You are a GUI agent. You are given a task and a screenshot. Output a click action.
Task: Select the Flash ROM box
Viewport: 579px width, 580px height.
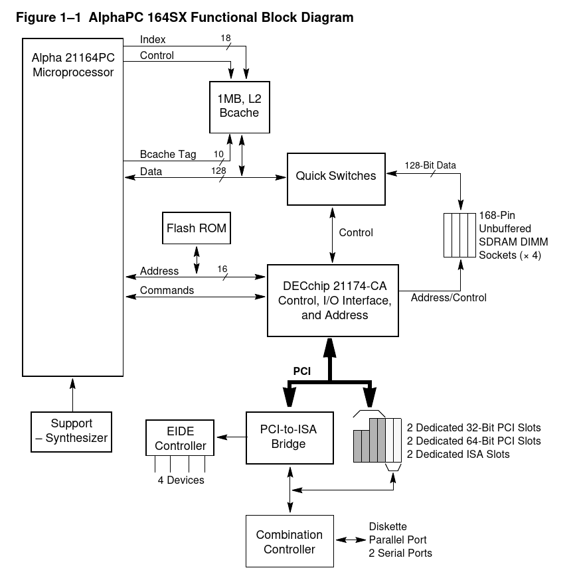tap(197, 229)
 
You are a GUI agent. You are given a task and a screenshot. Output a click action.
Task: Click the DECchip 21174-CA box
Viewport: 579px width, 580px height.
tap(335, 301)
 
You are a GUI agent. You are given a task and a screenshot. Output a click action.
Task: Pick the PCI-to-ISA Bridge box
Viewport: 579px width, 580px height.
tap(289, 437)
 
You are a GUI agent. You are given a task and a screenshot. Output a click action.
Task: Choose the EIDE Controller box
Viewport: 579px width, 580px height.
tap(181, 437)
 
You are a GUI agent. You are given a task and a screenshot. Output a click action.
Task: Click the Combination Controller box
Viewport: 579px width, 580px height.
tap(289, 542)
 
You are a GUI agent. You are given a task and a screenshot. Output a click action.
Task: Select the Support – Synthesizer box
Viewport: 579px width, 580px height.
tap(72, 431)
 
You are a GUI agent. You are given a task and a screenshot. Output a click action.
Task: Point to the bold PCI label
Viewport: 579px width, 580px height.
tap(302, 372)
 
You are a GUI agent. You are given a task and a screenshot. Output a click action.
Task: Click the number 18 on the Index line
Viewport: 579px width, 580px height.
tap(226, 38)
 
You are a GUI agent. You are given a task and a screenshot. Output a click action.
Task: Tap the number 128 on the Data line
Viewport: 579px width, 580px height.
tap(218, 171)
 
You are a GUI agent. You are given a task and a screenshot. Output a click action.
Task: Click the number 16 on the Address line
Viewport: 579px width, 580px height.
tap(222, 269)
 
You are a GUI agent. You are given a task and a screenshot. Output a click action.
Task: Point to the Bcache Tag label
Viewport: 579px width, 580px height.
tap(168, 155)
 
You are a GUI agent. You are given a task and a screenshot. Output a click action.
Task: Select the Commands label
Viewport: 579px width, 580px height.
tap(167, 290)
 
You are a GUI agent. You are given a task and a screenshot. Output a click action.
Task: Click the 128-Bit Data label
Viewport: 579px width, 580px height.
tap(430, 165)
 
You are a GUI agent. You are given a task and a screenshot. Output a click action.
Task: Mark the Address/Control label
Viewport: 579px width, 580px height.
tap(449, 297)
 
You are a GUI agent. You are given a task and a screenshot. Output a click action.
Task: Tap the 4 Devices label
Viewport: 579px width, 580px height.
tap(181, 480)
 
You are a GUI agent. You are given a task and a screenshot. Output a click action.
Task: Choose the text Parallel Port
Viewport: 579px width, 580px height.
tap(398, 540)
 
